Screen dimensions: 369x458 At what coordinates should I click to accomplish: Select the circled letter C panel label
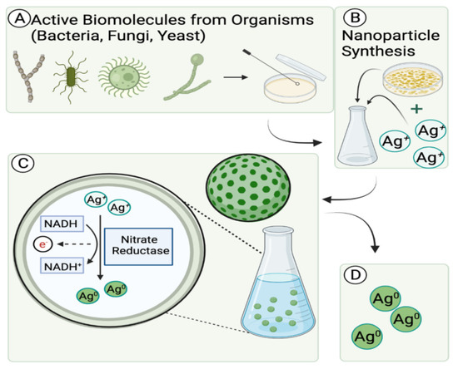[x=15, y=164]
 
